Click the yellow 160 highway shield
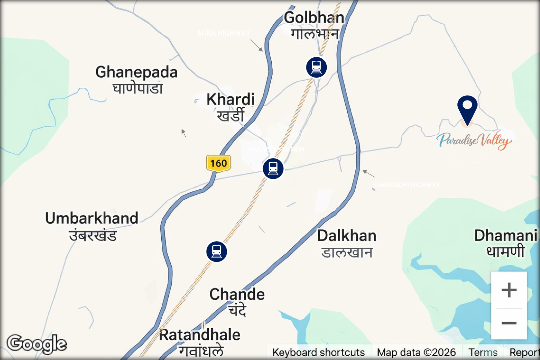tap(218, 164)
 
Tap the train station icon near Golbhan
tap(316, 67)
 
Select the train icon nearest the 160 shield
tap(273, 168)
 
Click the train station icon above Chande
tap(217, 251)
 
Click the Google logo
tap(37, 344)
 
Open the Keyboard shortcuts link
tap(318, 353)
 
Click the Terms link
tap(483, 353)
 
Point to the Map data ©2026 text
tap(416, 353)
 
